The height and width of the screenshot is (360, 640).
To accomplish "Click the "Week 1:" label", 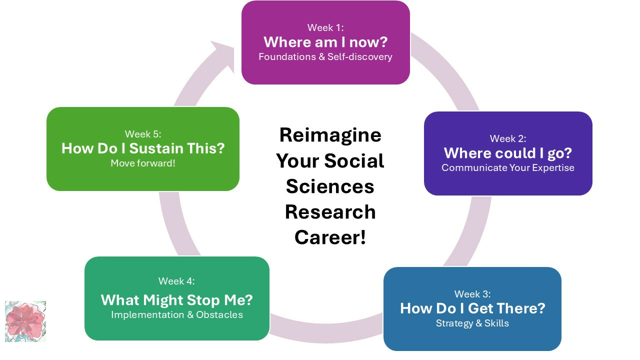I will (325, 27).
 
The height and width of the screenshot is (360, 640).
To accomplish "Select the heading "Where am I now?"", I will (325, 42).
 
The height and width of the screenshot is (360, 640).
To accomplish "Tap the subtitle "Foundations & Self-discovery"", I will (325, 56).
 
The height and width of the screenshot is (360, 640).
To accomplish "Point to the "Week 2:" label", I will (508, 138).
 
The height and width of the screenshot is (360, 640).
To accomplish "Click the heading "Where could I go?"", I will (508, 153).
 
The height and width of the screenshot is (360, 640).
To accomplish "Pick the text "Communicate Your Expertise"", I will (508, 167).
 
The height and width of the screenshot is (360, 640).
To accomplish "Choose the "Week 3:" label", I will (472, 294).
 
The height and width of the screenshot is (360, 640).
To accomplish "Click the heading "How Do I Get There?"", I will (472, 308).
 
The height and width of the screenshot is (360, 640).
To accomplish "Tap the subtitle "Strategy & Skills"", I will (472, 323).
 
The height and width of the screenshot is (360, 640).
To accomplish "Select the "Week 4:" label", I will (176, 281).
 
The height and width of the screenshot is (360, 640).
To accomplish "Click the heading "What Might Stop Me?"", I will (176, 300).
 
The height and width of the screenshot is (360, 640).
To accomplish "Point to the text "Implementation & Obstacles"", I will (176, 315).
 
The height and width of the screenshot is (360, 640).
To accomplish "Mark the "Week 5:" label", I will (143, 134).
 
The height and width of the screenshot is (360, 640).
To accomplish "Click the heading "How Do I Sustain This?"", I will (143, 148).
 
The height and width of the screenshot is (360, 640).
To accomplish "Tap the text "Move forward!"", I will (143, 163).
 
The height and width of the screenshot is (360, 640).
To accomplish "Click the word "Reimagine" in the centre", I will (330, 135).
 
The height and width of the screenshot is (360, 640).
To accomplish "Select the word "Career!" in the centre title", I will (330, 237).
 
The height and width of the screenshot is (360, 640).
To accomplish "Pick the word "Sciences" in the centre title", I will (330, 186).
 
